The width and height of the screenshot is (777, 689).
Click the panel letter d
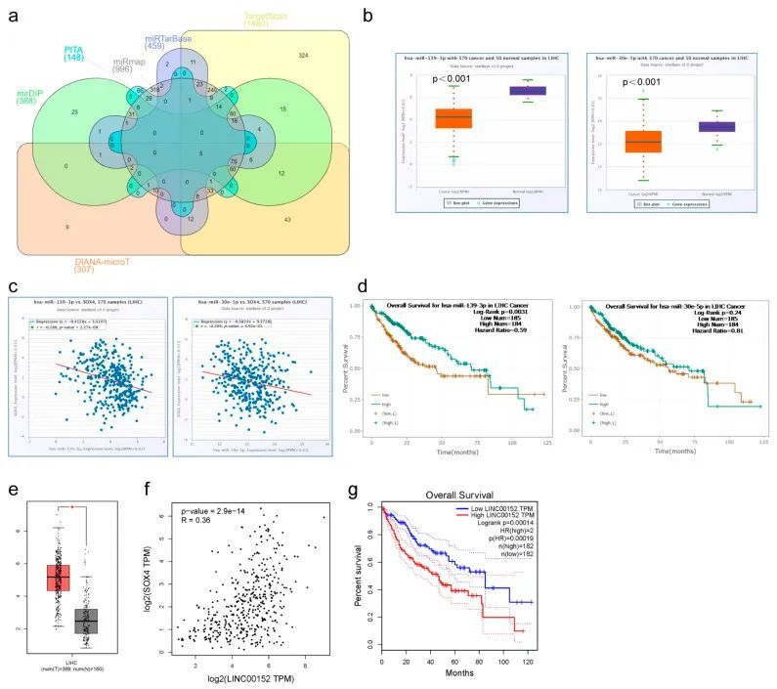[364, 289]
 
